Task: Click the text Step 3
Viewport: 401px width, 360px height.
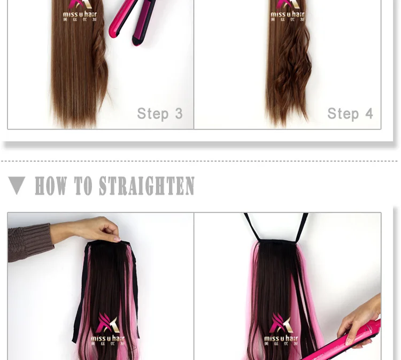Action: coord(159,113)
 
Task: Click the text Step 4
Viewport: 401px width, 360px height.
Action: coord(350,113)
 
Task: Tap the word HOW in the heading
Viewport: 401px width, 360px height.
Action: coord(51,186)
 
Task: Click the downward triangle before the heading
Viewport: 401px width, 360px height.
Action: coord(17,186)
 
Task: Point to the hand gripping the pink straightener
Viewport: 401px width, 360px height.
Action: coord(359,316)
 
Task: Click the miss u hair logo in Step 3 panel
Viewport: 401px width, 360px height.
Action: coord(80,12)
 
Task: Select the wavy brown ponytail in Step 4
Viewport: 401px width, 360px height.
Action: coord(289,70)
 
